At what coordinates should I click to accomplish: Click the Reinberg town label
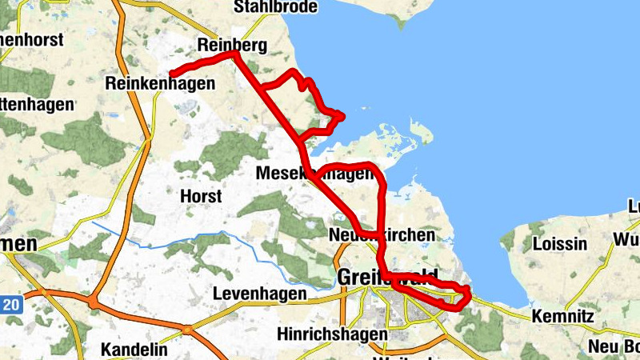(x=232, y=46)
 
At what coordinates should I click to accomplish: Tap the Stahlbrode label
(x=275, y=7)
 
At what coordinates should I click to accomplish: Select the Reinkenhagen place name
(x=161, y=83)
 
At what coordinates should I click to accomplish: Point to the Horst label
(x=201, y=196)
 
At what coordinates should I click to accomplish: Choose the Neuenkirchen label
(x=382, y=235)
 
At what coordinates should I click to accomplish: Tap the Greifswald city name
(x=388, y=277)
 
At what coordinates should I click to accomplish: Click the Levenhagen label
(x=259, y=294)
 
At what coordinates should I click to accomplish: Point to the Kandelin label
(x=134, y=350)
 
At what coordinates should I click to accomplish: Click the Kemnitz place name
(x=562, y=317)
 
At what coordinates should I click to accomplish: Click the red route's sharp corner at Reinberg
(x=235, y=54)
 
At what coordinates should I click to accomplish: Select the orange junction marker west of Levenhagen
(x=186, y=328)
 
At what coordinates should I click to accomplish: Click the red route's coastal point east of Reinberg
(x=342, y=117)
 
